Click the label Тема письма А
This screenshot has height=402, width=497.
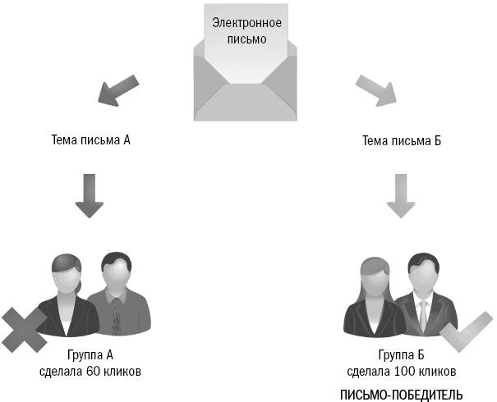tap(91, 140)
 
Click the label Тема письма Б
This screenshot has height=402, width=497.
tap(402, 140)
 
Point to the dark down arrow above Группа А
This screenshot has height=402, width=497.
tap(89, 197)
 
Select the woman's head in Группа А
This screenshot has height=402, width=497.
tap(65, 274)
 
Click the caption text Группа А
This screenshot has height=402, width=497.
tap(90, 355)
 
